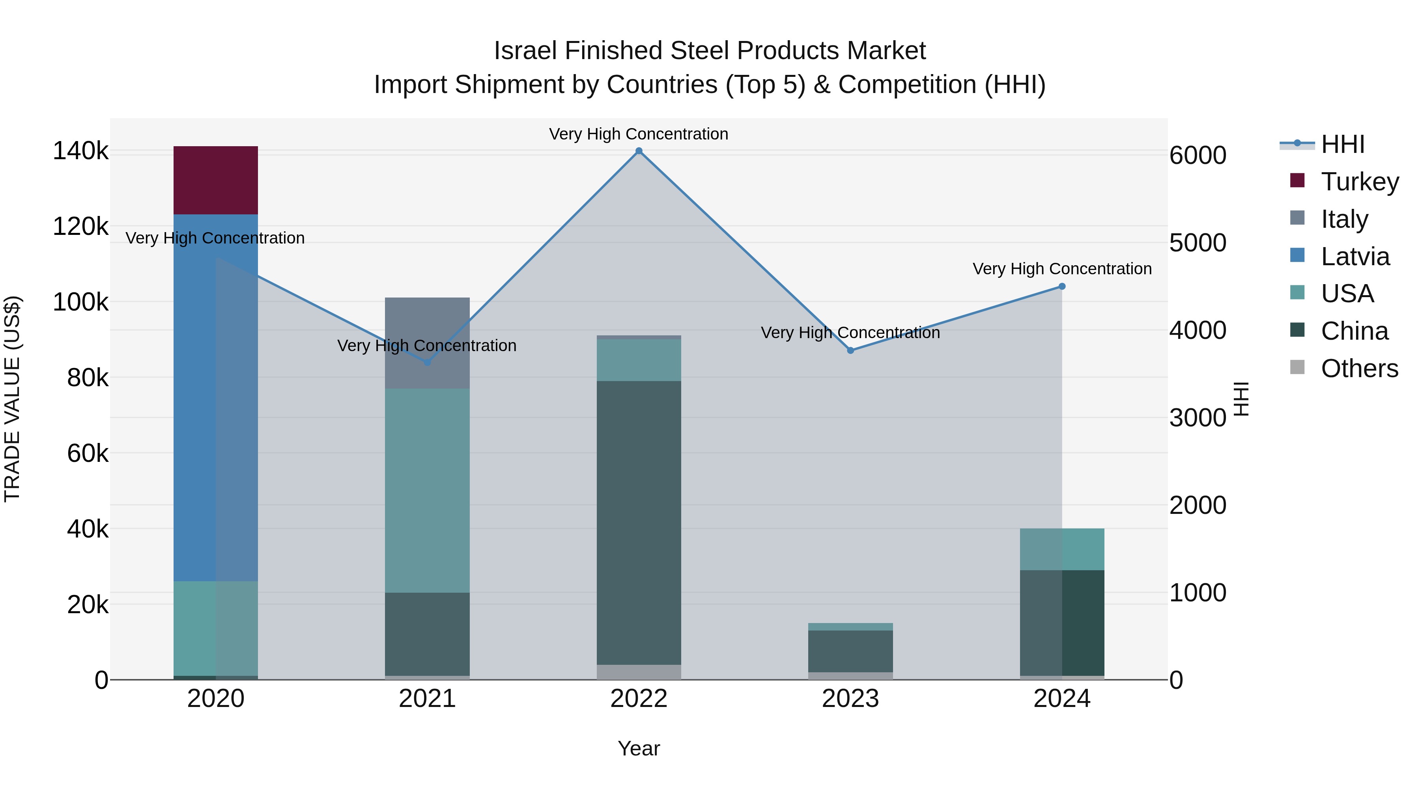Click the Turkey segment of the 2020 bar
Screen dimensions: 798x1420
click(x=215, y=180)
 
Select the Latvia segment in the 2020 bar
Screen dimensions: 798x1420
click(x=215, y=396)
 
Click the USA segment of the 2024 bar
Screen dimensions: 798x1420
click(x=1062, y=549)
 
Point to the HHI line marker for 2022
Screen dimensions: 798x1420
click(x=639, y=151)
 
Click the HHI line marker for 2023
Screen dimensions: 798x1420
click(x=850, y=350)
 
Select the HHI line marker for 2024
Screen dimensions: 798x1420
click(x=1062, y=286)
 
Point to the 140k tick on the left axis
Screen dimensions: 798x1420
click(x=80, y=151)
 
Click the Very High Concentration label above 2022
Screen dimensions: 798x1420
click(x=639, y=134)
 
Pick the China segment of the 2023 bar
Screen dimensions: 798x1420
click(x=850, y=651)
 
